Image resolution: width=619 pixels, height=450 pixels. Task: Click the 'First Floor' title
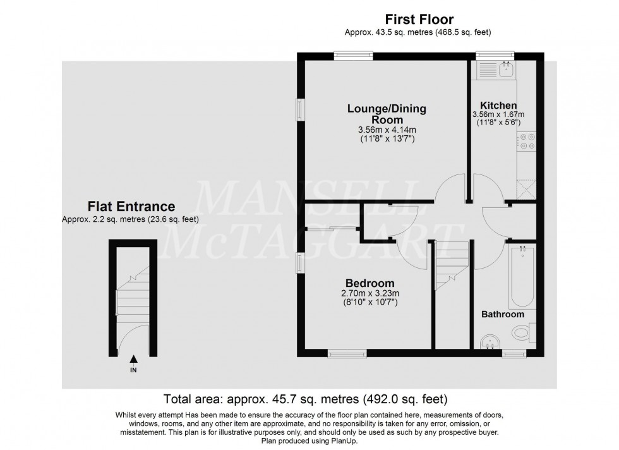(417, 20)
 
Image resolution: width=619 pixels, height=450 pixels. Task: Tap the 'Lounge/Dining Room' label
(387, 114)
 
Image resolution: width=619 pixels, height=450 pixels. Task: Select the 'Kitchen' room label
(498, 105)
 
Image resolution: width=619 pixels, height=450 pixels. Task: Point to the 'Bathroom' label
(503, 314)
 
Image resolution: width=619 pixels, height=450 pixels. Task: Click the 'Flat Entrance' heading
(131, 207)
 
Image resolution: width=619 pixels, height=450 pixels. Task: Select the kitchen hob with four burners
(526, 142)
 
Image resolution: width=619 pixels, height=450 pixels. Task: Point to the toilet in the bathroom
(522, 331)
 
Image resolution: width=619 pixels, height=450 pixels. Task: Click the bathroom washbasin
(489, 342)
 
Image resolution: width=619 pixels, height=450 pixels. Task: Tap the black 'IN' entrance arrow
(133, 359)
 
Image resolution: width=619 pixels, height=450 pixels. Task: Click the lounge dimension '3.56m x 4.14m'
(387, 130)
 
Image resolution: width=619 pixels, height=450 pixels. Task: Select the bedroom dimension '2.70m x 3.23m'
(370, 293)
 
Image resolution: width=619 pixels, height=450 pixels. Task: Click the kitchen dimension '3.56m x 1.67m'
(498, 114)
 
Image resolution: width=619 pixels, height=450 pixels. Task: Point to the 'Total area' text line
(306, 399)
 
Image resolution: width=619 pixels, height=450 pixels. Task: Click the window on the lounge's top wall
(353, 55)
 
